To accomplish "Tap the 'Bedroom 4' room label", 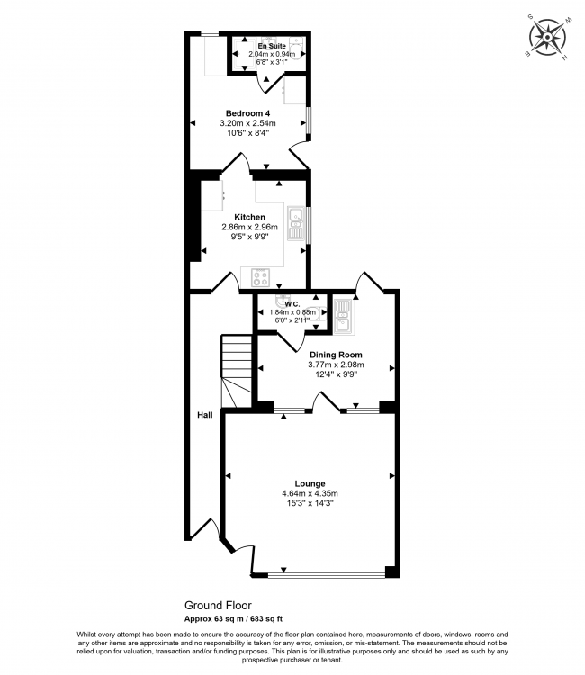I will click(x=247, y=112).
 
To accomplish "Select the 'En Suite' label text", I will click(x=271, y=45).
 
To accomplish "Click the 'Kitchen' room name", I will click(x=249, y=218).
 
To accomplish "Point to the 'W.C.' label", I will click(x=292, y=303).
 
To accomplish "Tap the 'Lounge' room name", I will click(x=309, y=483).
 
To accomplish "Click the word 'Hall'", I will click(x=205, y=415).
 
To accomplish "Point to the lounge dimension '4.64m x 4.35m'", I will click(x=309, y=493).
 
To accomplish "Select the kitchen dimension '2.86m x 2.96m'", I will click(x=249, y=228).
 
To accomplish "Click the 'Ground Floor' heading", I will click(x=218, y=606).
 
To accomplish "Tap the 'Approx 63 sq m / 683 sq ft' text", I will click(x=233, y=618).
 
